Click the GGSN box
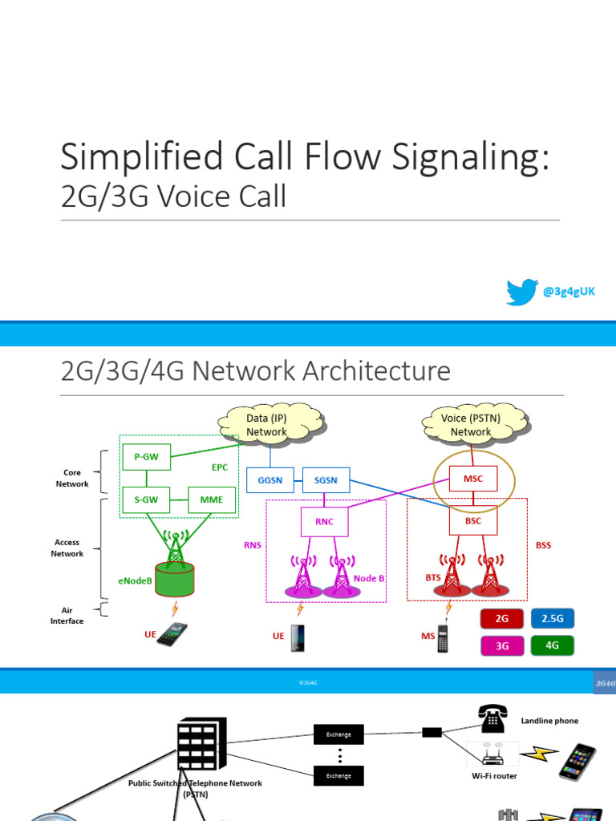[270, 479]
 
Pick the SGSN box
[326, 479]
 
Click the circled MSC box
[473, 479]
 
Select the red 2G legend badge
[502, 619]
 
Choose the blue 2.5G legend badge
[553, 619]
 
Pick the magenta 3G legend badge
[502, 645]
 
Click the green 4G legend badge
[553, 645]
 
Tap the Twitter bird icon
[521, 292]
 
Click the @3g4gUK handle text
[569, 292]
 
